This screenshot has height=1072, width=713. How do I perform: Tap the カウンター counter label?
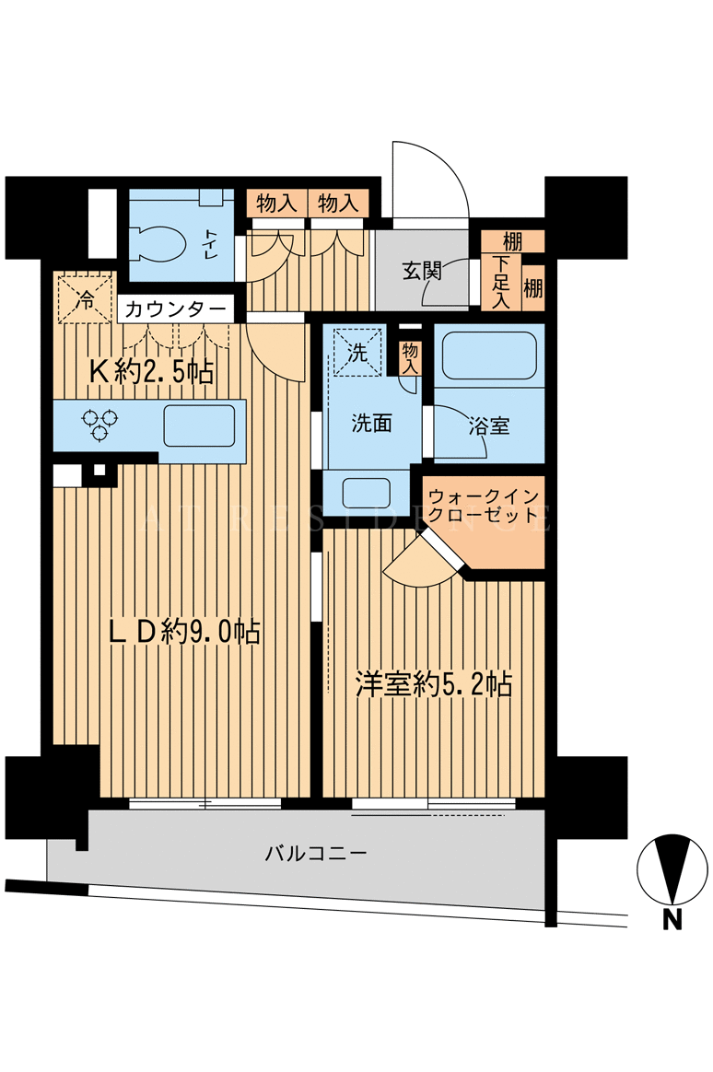176,309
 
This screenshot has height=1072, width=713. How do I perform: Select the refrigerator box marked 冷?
85,298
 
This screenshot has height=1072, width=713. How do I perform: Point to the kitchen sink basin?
199,425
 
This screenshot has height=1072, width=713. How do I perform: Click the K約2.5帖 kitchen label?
153,372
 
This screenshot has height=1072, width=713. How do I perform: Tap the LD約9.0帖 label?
185,631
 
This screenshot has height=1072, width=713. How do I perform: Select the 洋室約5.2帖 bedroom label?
434,684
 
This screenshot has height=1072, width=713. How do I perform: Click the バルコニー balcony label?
317,853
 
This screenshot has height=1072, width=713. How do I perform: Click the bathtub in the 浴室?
489,355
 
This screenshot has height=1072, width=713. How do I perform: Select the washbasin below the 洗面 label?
366,492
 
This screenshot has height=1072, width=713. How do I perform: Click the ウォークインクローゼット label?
484,506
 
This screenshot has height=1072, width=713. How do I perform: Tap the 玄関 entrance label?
422,271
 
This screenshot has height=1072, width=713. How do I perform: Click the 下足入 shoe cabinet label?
501,283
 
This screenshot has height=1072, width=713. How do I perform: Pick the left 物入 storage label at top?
277,204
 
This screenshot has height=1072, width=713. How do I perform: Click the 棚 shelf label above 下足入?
512,240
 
